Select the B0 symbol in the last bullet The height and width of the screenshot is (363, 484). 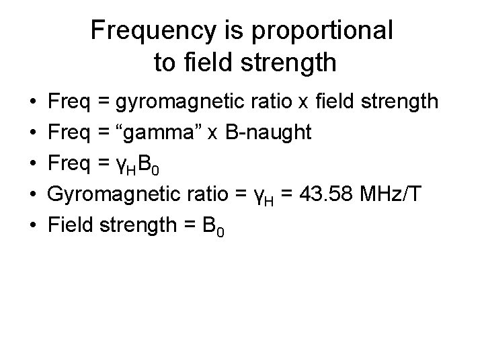click(x=213, y=227)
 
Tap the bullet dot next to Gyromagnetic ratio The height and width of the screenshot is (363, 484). click(x=34, y=196)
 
